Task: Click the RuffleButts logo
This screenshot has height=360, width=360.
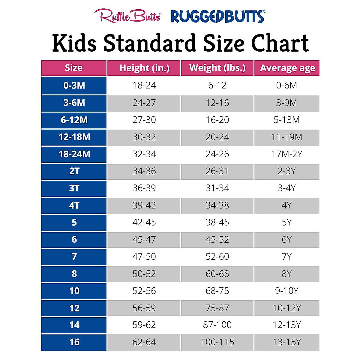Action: tap(128, 16)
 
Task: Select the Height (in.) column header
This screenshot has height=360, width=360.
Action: tap(144, 68)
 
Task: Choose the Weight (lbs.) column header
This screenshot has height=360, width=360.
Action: tap(217, 68)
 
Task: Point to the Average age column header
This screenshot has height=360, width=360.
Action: tap(287, 68)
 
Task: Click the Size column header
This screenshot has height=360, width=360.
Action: tap(74, 68)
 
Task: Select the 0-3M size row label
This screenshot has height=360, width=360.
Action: tap(74, 85)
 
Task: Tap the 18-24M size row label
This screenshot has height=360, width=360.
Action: tap(74, 154)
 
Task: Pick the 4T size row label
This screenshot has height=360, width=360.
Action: tap(74, 205)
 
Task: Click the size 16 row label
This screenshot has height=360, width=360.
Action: tap(74, 342)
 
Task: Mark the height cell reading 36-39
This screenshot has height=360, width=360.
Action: tap(144, 188)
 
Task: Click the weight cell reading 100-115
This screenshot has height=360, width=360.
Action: tap(217, 342)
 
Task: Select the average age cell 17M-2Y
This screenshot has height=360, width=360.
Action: tap(287, 154)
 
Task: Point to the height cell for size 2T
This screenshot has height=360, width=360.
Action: tap(144, 171)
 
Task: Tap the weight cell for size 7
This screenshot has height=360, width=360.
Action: tap(217, 257)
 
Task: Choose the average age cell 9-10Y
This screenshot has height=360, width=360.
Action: tap(287, 291)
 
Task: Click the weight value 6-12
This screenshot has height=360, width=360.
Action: tap(217, 85)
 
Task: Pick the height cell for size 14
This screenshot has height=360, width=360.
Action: tap(144, 325)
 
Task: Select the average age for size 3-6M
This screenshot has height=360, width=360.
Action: tap(287, 103)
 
